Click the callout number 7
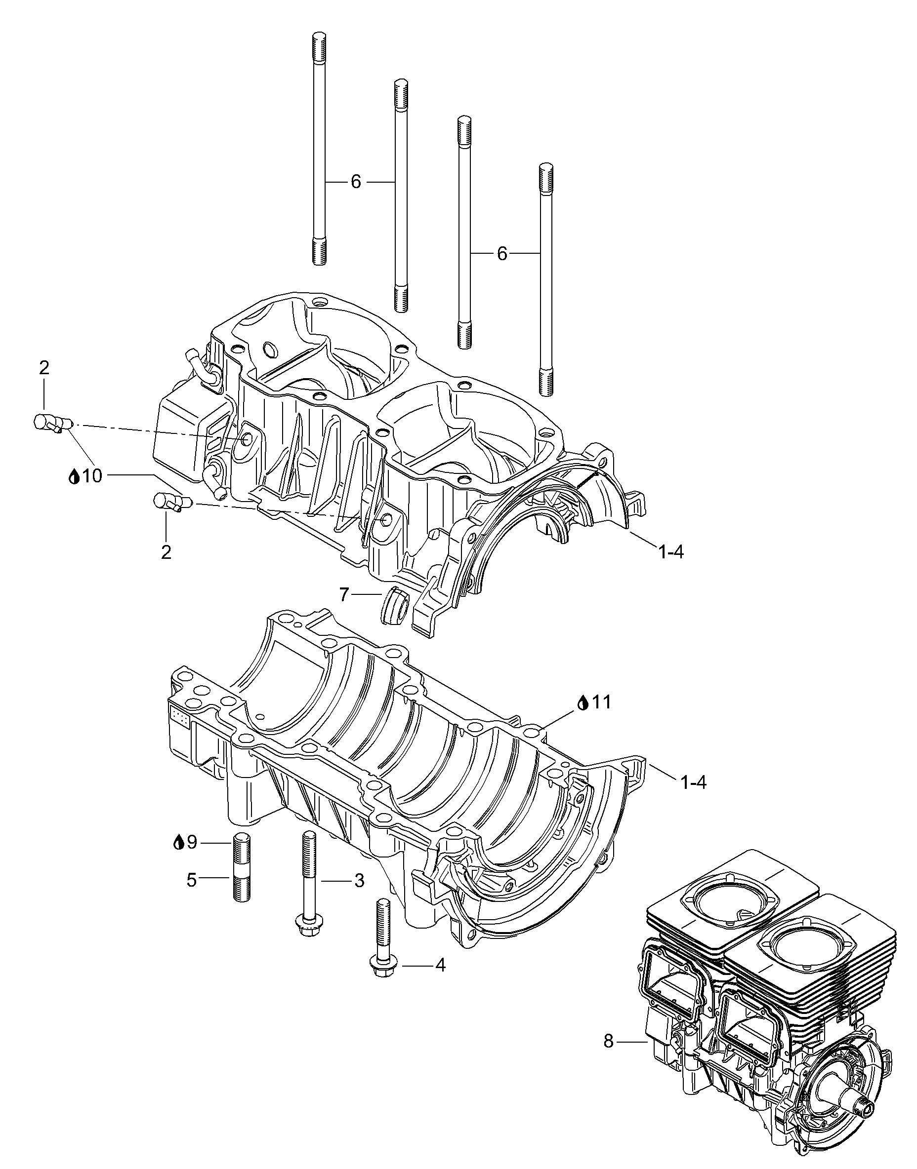344,594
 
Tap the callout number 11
602,702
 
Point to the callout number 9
191,843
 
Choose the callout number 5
191,880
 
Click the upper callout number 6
356,182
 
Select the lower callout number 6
502,253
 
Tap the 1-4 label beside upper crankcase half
671,552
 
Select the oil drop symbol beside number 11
584,702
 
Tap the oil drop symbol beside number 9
178,843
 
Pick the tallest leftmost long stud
319,150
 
